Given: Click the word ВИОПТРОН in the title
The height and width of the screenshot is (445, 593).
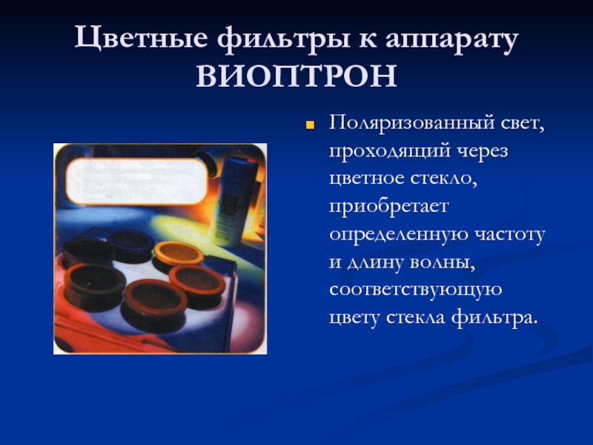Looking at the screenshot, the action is coord(296,76).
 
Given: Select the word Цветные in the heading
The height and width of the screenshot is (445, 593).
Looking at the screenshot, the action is coord(141,38).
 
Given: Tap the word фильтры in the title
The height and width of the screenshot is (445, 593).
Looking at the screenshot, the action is coord(284,39).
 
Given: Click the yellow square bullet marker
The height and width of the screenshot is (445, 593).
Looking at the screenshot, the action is coord(310,125).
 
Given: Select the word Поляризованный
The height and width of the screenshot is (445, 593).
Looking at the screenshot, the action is coord(412,123).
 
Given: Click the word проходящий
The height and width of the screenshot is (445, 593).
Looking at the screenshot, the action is coord(390,151).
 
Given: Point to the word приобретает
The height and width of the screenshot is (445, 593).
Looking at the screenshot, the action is coord(388,207).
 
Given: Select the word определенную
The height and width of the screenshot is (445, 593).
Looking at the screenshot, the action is coord(397,234).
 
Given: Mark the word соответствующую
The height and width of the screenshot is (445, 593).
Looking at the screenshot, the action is coord(416,290).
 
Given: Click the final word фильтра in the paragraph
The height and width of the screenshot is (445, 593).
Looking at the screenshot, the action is coord(494,317).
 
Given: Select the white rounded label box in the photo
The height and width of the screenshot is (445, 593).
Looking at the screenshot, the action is coord(136,181).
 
